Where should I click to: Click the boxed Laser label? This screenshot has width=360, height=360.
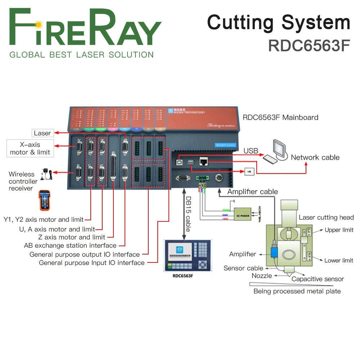pos(42,133)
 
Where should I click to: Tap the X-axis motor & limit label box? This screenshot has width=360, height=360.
pos(30,148)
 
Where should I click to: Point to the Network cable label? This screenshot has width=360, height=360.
pos(315,157)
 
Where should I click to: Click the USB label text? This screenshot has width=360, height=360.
pos(251,151)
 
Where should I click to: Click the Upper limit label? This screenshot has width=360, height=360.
pos(339,230)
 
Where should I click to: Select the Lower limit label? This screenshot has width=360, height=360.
pos(338,260)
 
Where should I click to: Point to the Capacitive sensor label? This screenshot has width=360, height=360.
pos(318,279)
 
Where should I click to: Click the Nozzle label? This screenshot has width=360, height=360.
pos(262,275)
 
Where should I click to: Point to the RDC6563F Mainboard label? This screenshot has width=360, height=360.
pos(280,117)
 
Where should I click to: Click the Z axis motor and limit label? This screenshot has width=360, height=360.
pos(72,237)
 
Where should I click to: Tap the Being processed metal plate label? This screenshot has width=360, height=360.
pos(297,291)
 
